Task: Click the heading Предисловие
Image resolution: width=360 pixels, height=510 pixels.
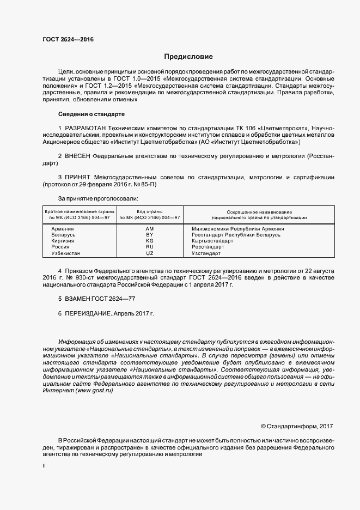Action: (188, 57)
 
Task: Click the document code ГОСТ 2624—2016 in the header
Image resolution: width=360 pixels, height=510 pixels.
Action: (68, 40)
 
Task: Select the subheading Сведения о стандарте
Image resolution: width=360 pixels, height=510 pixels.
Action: (91, 114)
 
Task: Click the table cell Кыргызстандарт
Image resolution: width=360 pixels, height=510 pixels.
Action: (212, 241)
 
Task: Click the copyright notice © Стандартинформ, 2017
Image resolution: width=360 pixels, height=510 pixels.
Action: (297, 426)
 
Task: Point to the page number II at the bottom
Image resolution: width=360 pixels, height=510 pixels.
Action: (44, 466)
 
